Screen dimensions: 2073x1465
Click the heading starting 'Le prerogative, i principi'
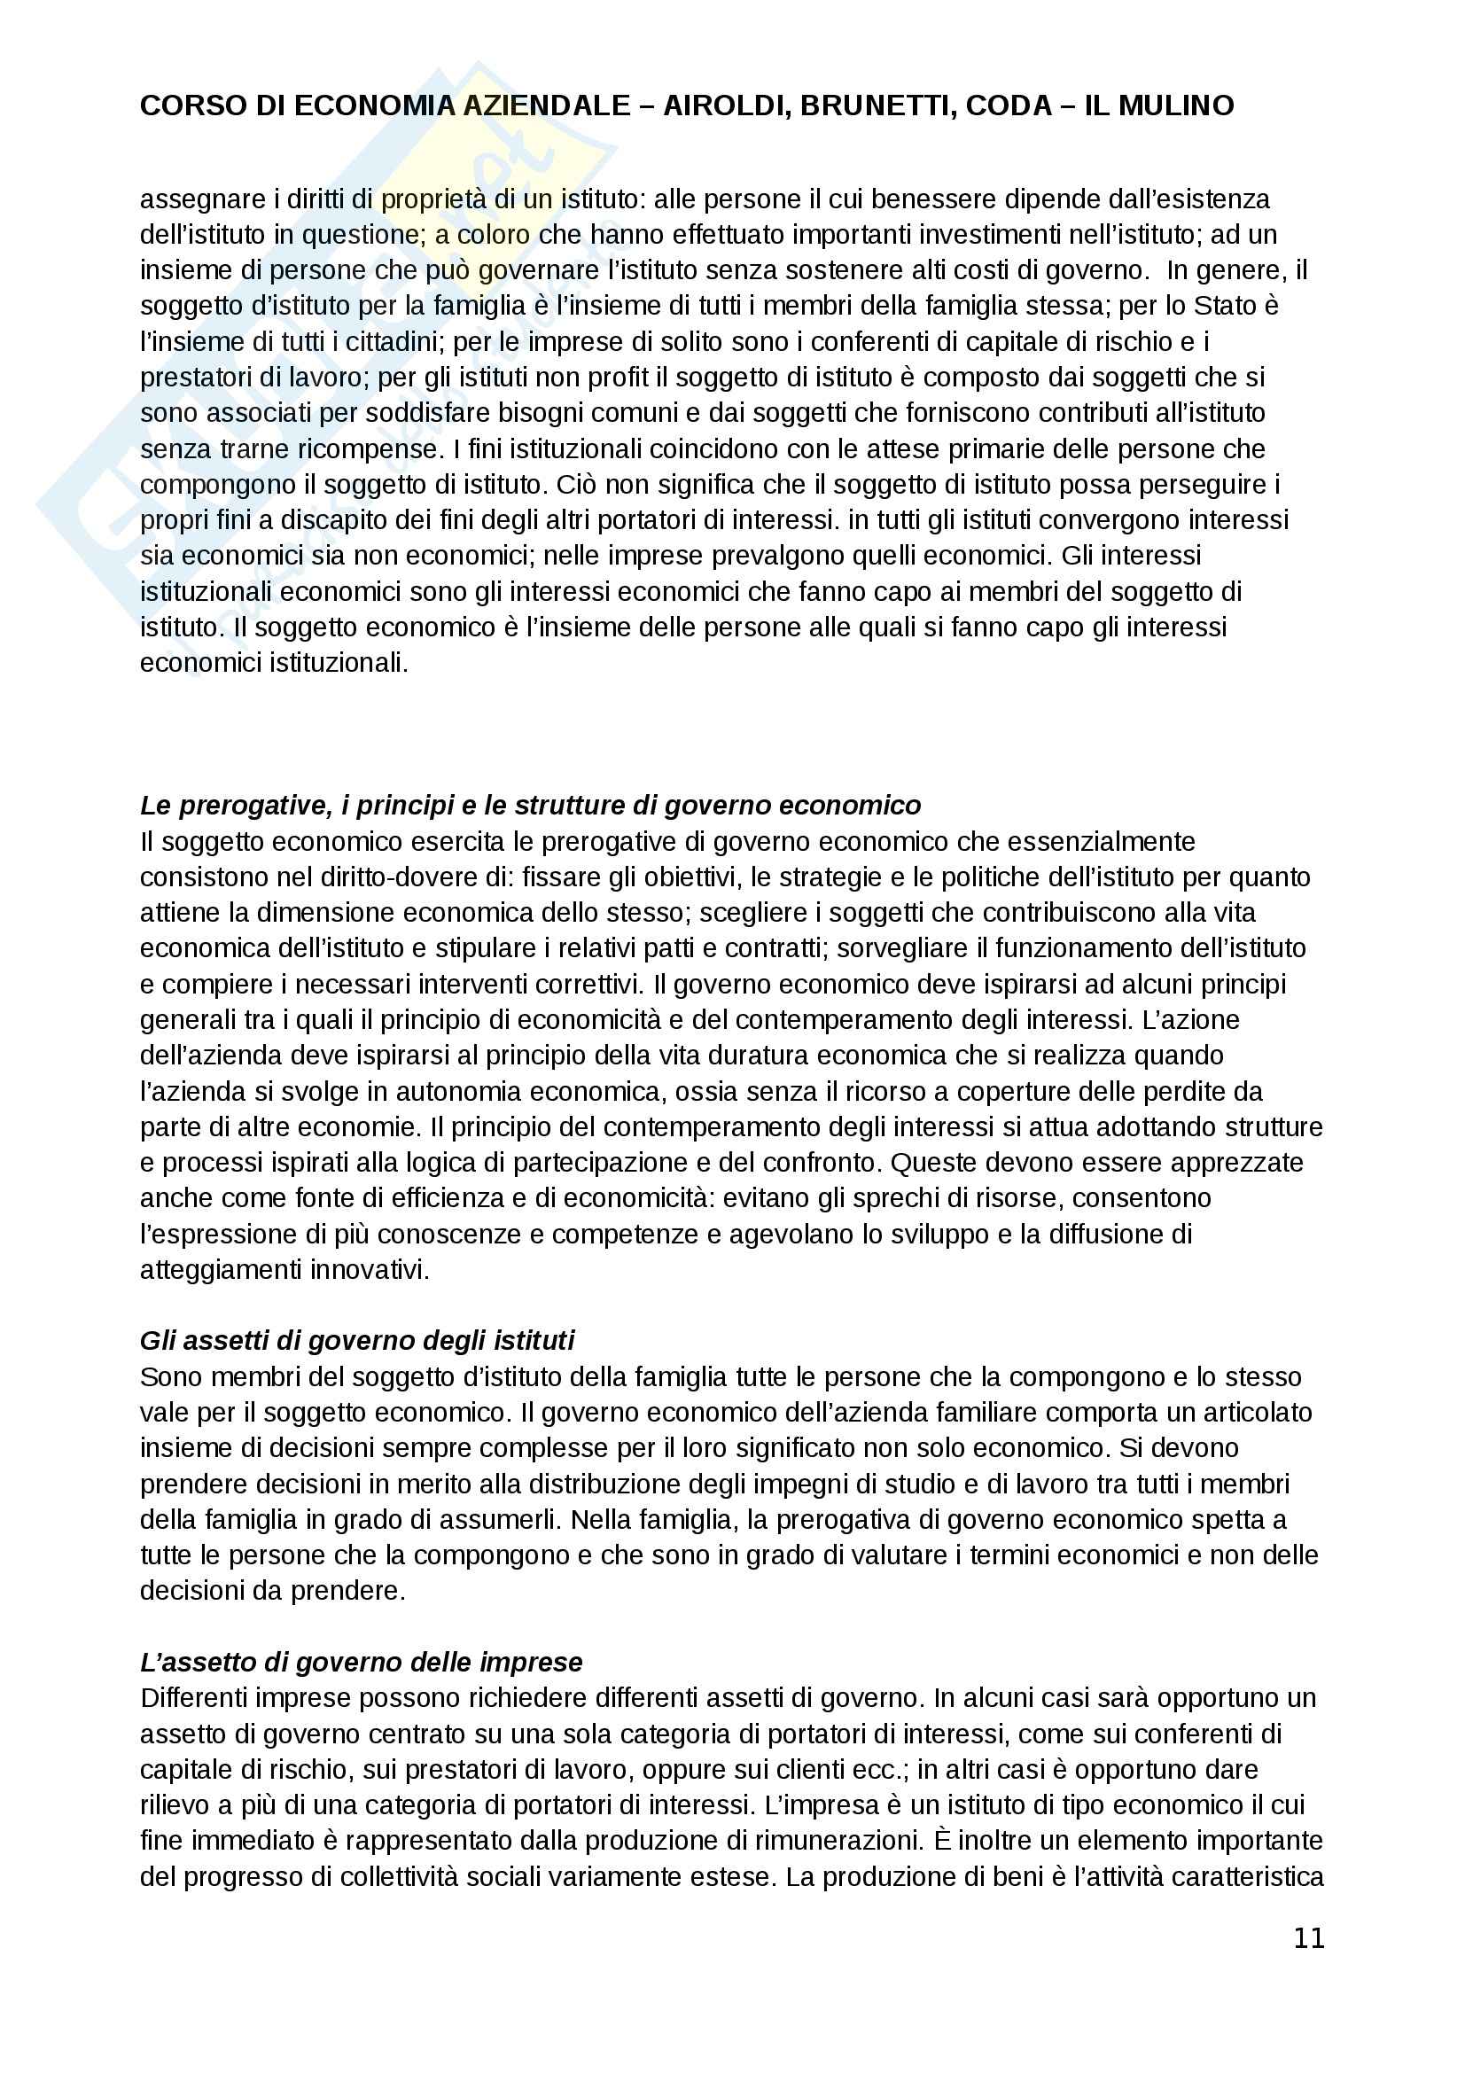[x=530, y=806]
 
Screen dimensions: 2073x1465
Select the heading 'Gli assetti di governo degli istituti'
[x=356, y=1341]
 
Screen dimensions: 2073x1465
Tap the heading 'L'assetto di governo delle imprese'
[x=361, y=1662]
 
